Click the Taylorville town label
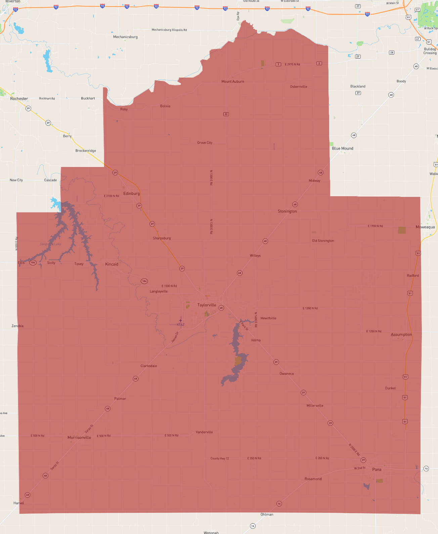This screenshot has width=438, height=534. coord(207,305)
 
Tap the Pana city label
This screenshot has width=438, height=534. coord(377,469)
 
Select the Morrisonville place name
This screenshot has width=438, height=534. coord(79,438)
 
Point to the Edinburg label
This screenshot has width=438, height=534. coord(131,194)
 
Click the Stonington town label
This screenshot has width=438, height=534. coord(287,211)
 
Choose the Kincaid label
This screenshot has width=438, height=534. coord(112,264)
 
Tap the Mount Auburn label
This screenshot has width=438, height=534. coord(233,82)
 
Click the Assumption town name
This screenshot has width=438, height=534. coord(401,335)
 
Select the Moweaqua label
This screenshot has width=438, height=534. coord(425,227)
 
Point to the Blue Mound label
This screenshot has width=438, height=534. coord(343,149)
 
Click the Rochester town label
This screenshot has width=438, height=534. coord(19,99)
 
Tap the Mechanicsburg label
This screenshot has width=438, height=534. coord(125,37)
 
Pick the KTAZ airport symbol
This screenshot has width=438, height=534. coord(180,320)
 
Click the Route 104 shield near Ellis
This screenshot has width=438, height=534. coord(33,262)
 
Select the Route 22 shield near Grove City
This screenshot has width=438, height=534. coord(226,114)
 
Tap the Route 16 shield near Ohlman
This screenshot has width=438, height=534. coord(279,503)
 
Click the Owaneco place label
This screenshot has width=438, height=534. coord(287,374)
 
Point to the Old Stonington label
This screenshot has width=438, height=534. coord(323,241)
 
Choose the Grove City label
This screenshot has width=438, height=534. coord(205,143)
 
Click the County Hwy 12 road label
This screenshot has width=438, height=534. coord(220,458)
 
